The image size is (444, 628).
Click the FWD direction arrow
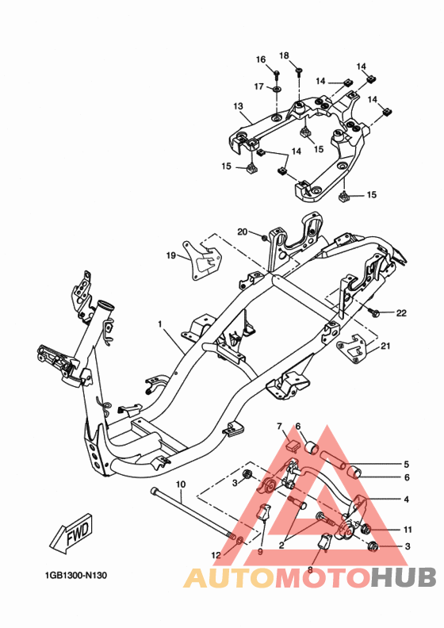pos(71,533)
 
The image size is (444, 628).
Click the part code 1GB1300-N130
pos(76,576)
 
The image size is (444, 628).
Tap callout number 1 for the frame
pos(160,324)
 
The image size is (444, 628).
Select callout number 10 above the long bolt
pos(181,484)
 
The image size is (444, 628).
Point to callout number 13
pos(238,106)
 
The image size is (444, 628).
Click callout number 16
pos(261,59)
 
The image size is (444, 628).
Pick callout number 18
pos(284,56)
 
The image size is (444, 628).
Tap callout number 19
pos(171,255)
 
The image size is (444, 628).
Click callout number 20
pos(243,232)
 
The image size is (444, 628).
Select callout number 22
pos(401,312)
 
